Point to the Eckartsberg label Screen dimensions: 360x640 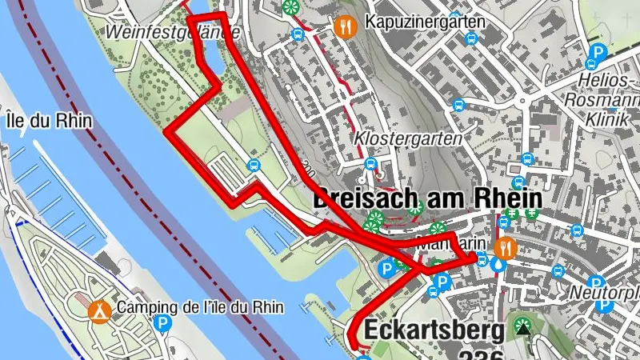tap(435, 330)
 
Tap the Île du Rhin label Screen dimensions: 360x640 tap(48, 122)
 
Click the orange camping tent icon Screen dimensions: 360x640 tap(99, 308)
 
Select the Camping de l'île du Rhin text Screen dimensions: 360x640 tap(199, 308)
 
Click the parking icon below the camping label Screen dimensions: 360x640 tap(162, 324)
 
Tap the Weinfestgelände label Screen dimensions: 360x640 tap(173, 32)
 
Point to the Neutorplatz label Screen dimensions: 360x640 tap(604, 292)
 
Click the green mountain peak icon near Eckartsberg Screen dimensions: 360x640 tap(523, 327)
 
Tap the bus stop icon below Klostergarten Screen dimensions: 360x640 tap(370, 164)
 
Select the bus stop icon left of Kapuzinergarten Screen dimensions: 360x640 tap(298, 34)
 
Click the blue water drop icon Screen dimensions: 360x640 tap(500, 265)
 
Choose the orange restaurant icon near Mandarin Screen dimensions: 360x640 tap(505, 247)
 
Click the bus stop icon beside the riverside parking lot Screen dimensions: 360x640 tap(254, 166)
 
